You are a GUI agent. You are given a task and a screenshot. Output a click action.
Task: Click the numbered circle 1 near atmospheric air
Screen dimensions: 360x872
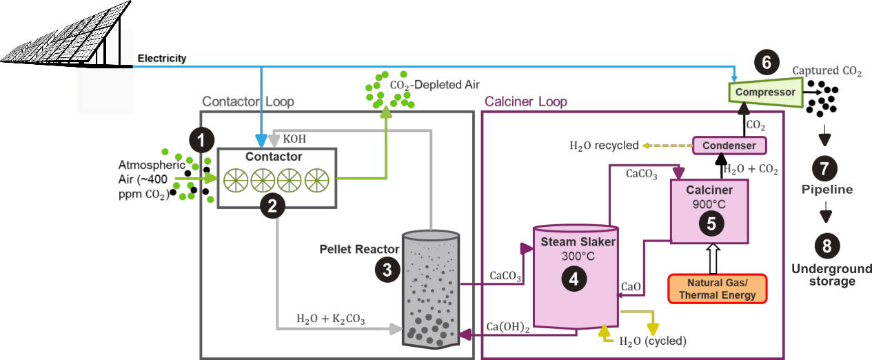[x=201, y=141]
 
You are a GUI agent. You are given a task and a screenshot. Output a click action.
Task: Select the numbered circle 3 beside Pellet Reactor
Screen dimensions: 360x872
[x=387, y=270]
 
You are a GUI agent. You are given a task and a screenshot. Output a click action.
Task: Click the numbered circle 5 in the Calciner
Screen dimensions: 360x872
[x=711, y=222]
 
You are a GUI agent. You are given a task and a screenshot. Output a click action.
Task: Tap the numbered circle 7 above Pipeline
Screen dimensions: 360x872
[x=825, y=167]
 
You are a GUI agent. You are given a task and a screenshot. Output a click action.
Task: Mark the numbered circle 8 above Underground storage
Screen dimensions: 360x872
[x=825, y=246]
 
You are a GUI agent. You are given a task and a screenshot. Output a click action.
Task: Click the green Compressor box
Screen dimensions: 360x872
[x=765, y=92]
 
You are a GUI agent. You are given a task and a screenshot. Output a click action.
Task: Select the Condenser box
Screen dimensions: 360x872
[x=729, y=146]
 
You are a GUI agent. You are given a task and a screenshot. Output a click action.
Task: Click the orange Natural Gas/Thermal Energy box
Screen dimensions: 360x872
[x=717, y=289]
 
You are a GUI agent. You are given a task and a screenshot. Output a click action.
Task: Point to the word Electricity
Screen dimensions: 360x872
[x=162, y=59]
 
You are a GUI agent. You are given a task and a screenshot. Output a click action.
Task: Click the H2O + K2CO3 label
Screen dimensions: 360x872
[x=330, y=319]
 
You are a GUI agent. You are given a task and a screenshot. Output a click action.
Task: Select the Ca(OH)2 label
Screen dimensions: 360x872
[x=507, y=326]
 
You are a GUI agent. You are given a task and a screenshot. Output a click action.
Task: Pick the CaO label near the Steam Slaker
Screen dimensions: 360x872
[x=631, y=286]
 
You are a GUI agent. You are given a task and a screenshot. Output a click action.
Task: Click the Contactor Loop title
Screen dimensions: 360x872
[x=247, y=102]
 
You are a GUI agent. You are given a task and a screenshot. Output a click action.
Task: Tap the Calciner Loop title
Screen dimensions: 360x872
[x=525, y=102]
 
